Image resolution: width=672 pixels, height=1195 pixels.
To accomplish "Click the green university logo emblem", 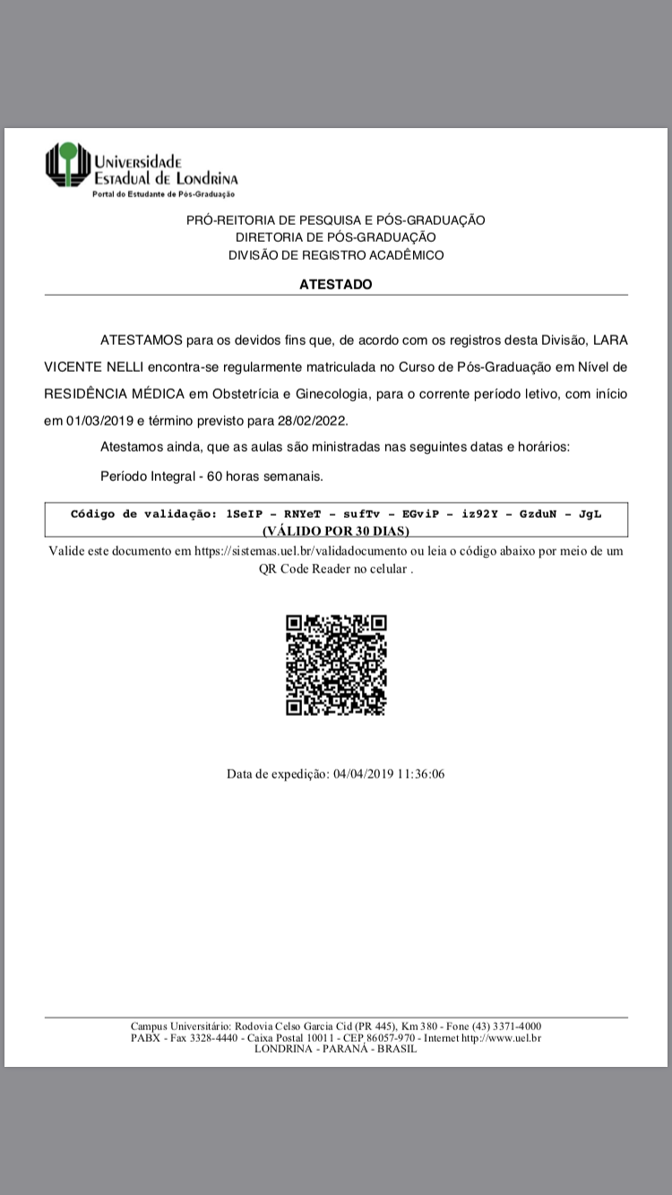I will pyautogui.click(x=68, y=166).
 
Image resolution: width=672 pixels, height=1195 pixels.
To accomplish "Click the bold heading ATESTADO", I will pyautogui.click(x=336, y=285).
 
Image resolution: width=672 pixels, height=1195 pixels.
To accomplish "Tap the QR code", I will pyautogui.click(x=336, y=665).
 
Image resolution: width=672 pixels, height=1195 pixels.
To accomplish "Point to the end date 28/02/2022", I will pyautogui.click(x=311, y=420).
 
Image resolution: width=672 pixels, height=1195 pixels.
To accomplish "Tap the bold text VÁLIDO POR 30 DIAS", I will pyautogui.click(x=336, y=530).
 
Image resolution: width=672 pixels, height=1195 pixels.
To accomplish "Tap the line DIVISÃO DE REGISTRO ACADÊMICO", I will pyautogui.click(x=336, y=255).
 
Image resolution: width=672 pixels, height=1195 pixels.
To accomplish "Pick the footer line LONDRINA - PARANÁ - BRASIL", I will pyautogui.click(x=336, y=1049).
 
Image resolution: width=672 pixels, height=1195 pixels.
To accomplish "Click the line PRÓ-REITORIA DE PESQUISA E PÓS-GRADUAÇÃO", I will pyautogui.click(x=336, y=220).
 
